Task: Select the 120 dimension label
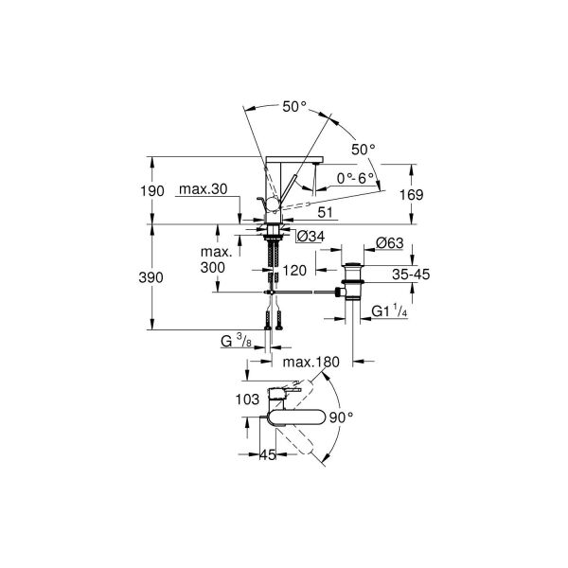tap(295, 271)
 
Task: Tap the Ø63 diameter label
tap(390, 243)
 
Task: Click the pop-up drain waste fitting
tap(353, 280)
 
